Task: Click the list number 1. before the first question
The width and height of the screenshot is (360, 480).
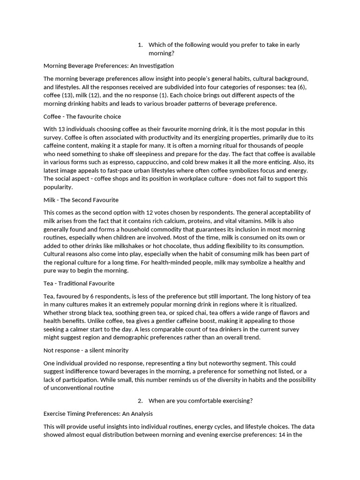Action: tap(140, 45)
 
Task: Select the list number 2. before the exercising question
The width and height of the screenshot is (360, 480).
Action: tap(140, 401)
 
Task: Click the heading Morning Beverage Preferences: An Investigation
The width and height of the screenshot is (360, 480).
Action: tap(108, 66)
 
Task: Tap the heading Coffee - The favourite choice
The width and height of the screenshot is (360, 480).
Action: tap(82, 116)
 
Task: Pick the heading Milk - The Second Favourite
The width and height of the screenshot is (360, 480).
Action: tap(81, 200)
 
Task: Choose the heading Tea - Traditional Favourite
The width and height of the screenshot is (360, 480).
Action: tap(79, 284)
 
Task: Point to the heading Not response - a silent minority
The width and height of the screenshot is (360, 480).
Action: tap(86, 350)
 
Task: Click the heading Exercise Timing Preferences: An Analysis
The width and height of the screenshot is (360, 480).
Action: tap(98, 414)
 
